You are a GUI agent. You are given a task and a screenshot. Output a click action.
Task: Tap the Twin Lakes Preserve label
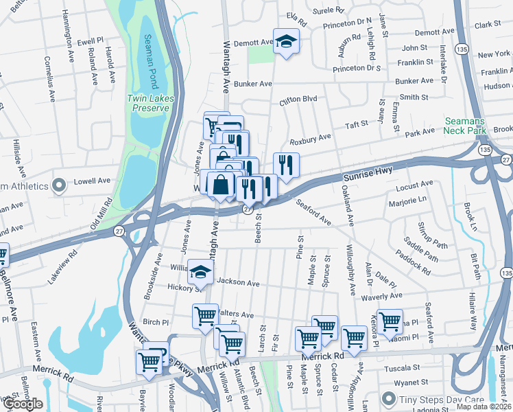148,104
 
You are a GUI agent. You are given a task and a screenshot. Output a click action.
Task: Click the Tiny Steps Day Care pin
390,399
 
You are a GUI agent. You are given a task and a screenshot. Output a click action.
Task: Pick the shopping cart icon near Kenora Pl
390,320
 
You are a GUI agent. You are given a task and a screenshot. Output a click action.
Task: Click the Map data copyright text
483,407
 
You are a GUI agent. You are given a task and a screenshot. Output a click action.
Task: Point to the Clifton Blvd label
298,100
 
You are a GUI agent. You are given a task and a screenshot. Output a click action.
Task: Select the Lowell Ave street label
94,181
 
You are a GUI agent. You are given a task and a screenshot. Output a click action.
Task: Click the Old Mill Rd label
101,215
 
